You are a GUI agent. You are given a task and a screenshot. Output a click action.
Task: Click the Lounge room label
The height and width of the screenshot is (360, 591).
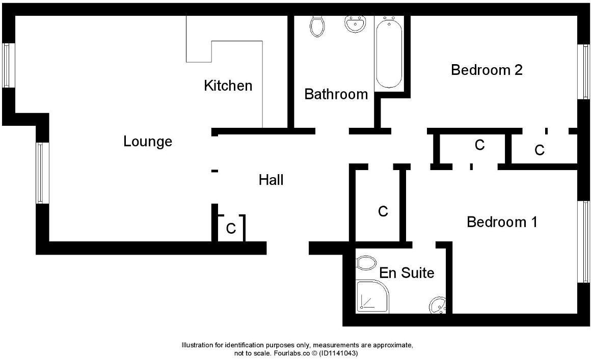tap(148, 142)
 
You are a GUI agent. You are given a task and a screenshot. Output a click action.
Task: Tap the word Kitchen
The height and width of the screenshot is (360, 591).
tap(228, 86)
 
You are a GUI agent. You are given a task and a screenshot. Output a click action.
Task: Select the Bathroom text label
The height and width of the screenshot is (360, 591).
tap(336, 94)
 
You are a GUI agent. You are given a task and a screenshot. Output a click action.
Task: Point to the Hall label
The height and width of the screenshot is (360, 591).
tap(271, 180)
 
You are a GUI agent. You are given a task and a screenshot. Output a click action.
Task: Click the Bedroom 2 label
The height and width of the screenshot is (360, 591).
tap(487, 70)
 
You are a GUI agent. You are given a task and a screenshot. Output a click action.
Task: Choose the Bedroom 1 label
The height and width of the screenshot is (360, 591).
tap(502, 222)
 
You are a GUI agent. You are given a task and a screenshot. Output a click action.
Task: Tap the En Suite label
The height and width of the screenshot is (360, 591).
tap(407, 273)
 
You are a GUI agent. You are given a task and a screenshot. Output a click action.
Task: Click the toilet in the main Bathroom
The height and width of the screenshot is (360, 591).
tap(317, 25)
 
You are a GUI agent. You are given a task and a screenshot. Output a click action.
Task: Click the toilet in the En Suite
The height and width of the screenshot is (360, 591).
tap(365, 263)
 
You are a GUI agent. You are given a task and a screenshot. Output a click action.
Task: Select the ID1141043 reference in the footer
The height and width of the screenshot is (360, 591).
tap(339, 353)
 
